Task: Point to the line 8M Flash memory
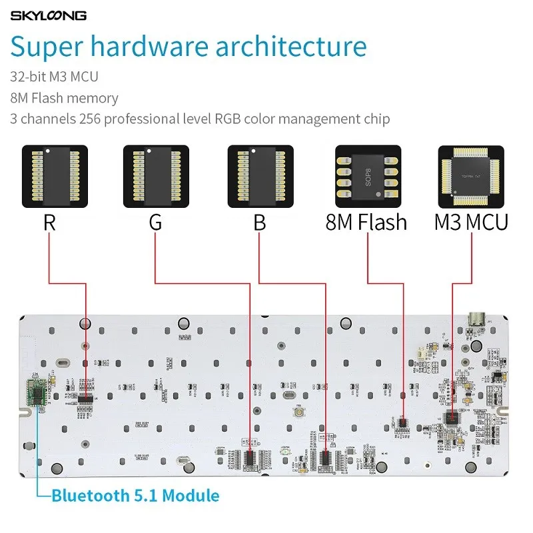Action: click(64, 98)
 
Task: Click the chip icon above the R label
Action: click(51, 176)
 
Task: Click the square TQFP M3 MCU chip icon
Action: click(470, 176)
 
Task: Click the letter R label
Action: click(49, 222)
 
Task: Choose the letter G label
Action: click(155, 222)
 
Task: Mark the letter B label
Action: click(260, 222)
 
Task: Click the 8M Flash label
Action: click(366, 222)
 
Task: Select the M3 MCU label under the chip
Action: click(470, 222)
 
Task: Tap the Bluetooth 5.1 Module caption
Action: click(135, 496)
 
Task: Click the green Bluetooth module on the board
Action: click(36, 392)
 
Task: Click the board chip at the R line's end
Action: click(85, 398)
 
